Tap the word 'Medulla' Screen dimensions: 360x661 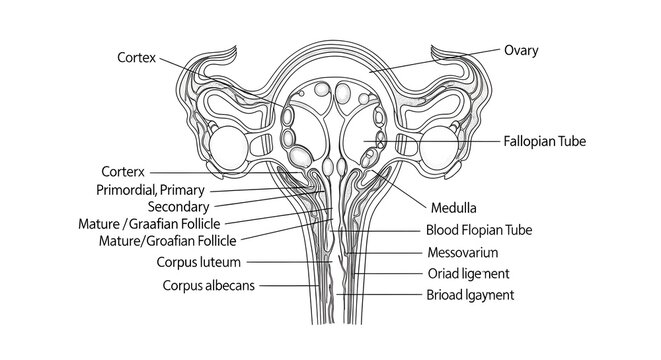453,209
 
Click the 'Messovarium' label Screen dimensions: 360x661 462,251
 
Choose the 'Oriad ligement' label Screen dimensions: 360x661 467,273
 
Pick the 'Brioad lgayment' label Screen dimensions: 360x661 470,295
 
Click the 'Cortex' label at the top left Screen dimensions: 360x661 137,57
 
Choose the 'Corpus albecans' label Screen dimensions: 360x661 208,285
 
